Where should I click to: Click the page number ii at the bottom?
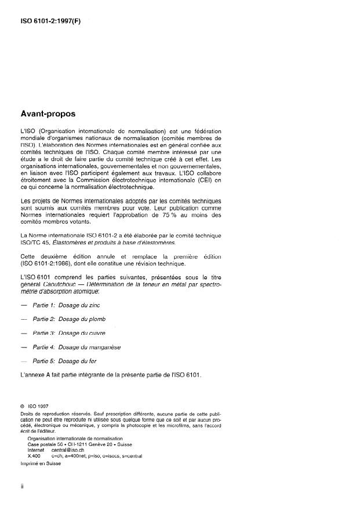point(21,487)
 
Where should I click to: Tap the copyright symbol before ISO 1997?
point(22,405)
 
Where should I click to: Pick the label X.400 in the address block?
point(34,456)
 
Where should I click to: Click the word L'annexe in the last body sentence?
point(32,375)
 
